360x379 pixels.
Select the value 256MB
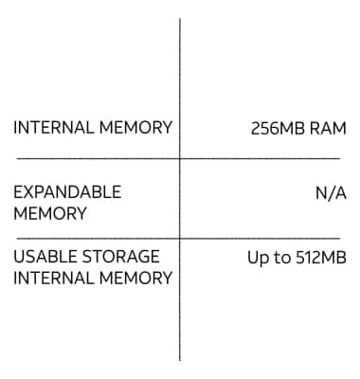pos(279,127)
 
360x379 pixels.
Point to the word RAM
pos(328,127)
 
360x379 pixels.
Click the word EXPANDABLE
pos(67,192)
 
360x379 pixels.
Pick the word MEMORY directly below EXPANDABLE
pos(50,214)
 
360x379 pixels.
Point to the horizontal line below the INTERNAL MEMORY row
pos(95,158)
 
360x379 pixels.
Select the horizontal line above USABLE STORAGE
pos(95,238)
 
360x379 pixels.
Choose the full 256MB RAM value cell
pos(298,127)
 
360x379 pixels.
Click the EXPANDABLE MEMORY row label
pos(67,203)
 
